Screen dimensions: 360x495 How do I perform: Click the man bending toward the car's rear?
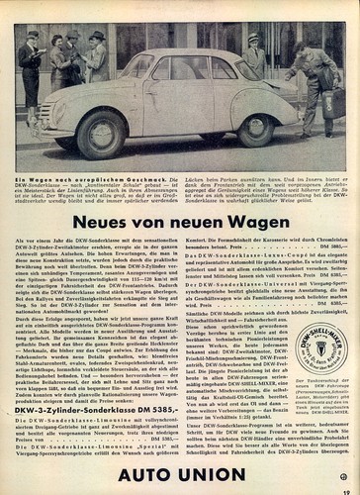(314, 84)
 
